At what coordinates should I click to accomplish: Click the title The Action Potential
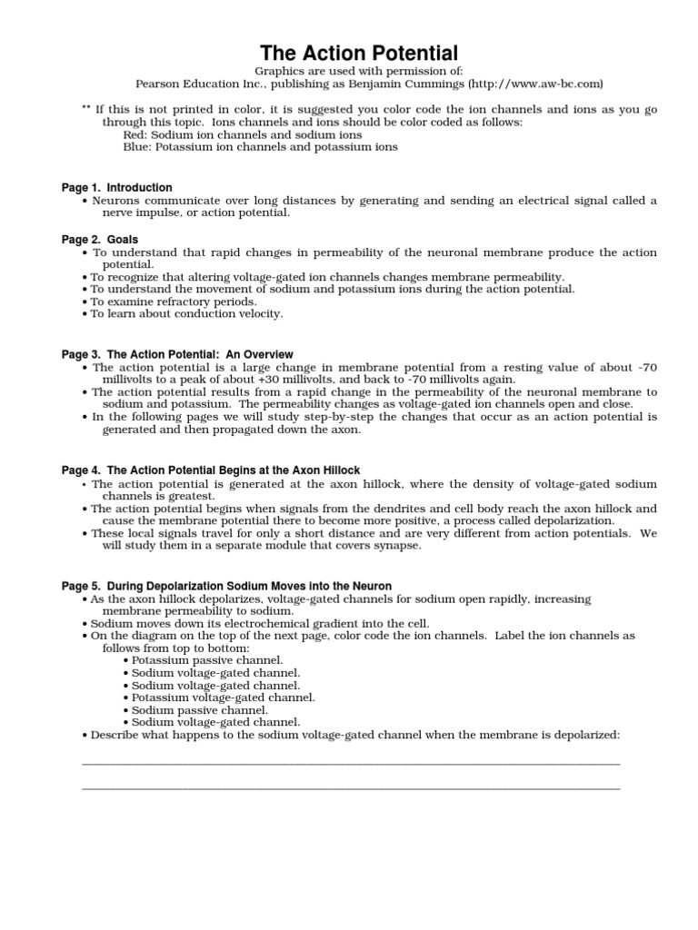pyautogui.click(x=360, y=53)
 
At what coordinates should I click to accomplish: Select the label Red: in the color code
pyautogui.click(x=135, y=134)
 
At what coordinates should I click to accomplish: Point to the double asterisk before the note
pyautogui.click(x=86, y=108)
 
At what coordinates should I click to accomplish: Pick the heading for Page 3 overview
pyautogui.click(x=177, y=354)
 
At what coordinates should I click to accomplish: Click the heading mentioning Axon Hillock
pyautogui.click(x=211, y=470)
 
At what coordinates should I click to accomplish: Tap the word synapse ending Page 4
pyautogui.click(x=397, y=546)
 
